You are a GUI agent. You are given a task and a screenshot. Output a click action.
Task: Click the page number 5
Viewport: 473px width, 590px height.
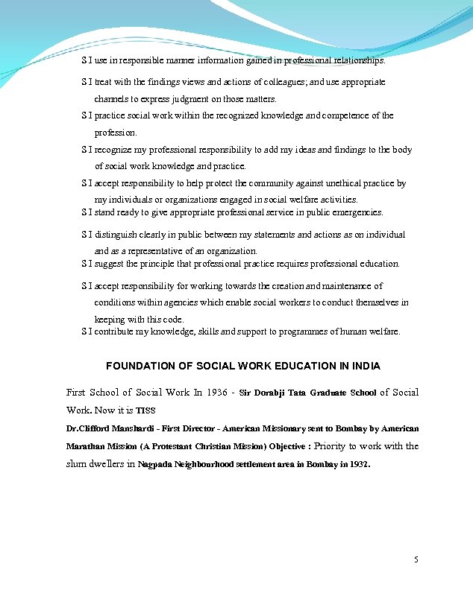(x=416, y=559)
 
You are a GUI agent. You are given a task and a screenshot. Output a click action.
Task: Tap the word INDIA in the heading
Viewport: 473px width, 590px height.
(x=366, y=366)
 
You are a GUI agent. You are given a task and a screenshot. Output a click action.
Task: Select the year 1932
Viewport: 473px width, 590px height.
(x=357, y=464)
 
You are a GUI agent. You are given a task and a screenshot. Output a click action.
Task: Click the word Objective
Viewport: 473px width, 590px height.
(x=287, y=447)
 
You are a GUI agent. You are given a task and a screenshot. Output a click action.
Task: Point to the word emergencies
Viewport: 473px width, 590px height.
(x=357, y=213)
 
